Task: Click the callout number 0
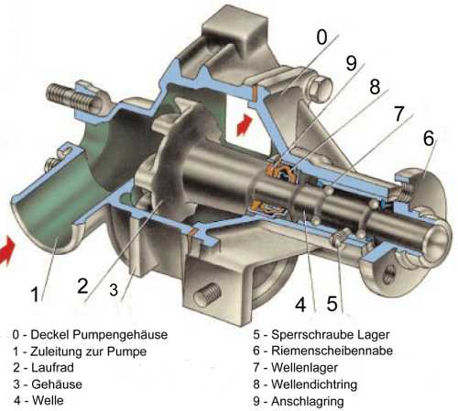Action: click(x=322, y=37)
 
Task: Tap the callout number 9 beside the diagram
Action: click(x=351, y=63)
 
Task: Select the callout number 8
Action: click(x=375, y=86)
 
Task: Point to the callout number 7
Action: click(x=399, y=114)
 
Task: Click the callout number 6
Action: click(x=429, y=138)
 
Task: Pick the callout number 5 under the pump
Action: click(x=332, y=304)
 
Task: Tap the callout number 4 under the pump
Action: click(x=300, y=305)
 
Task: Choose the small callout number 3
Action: click(x=114, y=289)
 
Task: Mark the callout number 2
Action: click(x=82, y=285)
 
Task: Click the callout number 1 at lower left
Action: click(x=35, y=294)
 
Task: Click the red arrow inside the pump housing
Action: click(x=245, y=124)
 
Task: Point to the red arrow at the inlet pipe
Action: click(x=7, y=250)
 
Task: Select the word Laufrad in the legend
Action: click(x=52, y=367)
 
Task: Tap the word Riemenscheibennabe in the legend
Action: click(x=333, y=350)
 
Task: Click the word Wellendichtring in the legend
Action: click(x=314, y=384)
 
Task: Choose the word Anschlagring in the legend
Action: click(x=308, y=401)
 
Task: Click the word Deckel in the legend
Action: click(x=50, y=334)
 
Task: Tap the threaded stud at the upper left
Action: click(x=72, y=96)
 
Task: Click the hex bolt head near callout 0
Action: click(x=320, y=89)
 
